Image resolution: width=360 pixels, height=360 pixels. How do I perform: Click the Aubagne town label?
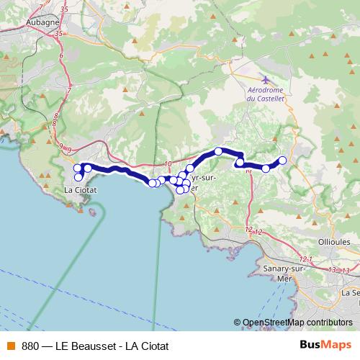[x=43, y=22]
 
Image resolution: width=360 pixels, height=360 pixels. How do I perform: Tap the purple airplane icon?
[x=265, y=78]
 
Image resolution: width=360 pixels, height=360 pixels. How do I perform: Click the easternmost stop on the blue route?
[x=283, y=160]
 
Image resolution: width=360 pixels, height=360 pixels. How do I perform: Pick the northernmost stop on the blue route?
[x=218, y=151]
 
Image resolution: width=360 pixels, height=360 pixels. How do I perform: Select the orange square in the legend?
[x=10, y=345]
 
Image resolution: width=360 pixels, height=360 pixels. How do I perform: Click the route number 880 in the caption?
[x=31, y=345]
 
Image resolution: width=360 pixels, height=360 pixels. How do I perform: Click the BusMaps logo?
[x=325, y=344]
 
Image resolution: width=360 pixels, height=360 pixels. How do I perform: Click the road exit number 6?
[x=62, y=55]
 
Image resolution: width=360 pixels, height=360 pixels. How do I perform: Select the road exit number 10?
[x=168, y=164]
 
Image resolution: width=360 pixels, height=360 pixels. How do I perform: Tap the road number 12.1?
[x=306, y=258]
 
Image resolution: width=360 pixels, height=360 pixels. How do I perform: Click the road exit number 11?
[x=248, y=171]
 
